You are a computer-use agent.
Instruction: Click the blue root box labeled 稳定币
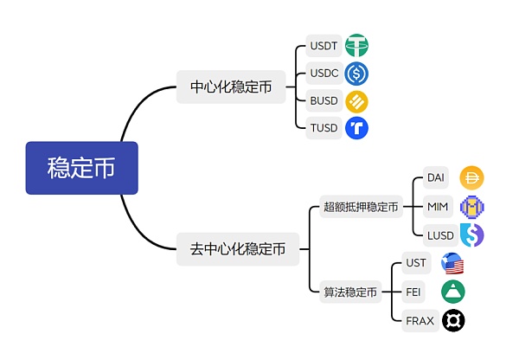coord(81,168)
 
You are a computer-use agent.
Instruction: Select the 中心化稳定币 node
coord(231,87)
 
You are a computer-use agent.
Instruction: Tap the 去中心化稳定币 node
coord(238,249)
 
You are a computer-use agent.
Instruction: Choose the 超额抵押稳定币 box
coord(361,207)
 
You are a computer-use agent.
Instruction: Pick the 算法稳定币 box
coord(350,292)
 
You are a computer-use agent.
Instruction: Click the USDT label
coord(323,46)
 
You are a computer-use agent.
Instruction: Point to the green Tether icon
coord(356,46)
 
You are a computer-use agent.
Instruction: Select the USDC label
coord(324,74)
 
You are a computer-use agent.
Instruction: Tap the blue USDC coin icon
coord(356,74)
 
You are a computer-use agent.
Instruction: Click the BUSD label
coord(324,101)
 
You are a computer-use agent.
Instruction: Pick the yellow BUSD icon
coord(356,101)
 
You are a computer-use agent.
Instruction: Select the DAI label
coord(437,178)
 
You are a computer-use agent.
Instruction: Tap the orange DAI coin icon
coord(471,178)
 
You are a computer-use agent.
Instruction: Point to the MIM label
coord(438,207)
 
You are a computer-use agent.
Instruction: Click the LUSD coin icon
coord(471,235)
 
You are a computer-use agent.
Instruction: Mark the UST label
coord(416,263)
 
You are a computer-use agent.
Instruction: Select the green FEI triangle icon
coord(452,292)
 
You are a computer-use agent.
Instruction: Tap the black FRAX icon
coord(452,321)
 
